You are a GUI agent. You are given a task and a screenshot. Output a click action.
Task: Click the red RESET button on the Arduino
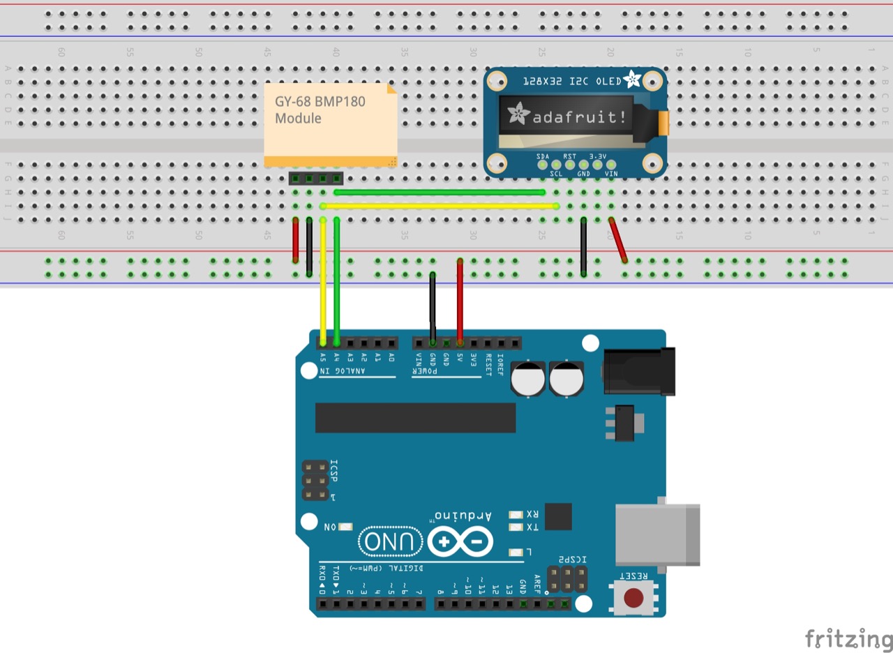point(633,598)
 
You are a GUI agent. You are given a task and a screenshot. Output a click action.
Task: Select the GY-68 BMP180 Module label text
point(320,110)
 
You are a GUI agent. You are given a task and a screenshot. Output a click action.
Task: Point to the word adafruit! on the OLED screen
point(579,117)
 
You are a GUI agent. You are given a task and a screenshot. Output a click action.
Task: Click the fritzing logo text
point(848,638)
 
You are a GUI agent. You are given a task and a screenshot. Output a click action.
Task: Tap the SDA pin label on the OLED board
point(543,156)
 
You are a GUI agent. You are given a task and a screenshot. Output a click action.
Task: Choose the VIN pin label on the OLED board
point(611,173)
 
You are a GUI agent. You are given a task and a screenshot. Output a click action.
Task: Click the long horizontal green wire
point(440,192)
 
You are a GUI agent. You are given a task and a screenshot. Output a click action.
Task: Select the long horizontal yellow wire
point(440,206)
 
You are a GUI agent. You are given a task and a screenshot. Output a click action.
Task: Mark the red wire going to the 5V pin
point(460,300)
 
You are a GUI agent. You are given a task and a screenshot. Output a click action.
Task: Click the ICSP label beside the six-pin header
point(333,471)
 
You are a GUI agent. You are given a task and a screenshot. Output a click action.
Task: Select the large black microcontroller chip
point(415,417)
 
